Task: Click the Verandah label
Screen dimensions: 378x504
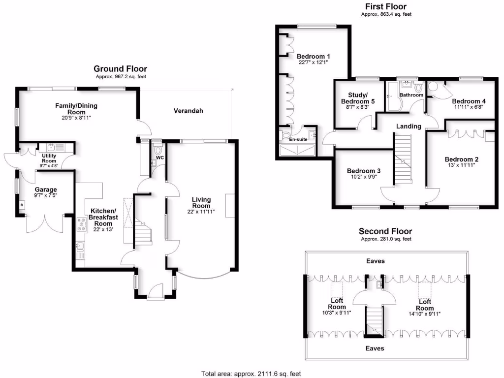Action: tap(188, 111)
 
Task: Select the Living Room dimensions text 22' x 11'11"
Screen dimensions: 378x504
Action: tap(201, 212)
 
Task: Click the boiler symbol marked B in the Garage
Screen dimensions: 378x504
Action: tap(22, 205)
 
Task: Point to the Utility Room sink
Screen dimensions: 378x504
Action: tap(51, 147)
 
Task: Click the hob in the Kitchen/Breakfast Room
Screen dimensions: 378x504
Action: tap(81, 225)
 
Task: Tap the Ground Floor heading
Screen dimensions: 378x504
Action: tap(120, 69)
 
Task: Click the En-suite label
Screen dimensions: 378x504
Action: tap(297, 139)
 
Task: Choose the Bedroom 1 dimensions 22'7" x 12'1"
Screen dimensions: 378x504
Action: tap(313, 63)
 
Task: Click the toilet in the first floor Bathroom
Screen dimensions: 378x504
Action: tap(419, 89)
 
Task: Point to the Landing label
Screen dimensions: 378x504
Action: tap(409, 126)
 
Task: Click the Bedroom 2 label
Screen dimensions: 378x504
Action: tap(462, 159)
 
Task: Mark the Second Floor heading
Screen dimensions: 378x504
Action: tap(385, 231)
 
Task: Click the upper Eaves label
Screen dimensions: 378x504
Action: tap(375, 261)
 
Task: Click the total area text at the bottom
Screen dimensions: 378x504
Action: tap(254, 373)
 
